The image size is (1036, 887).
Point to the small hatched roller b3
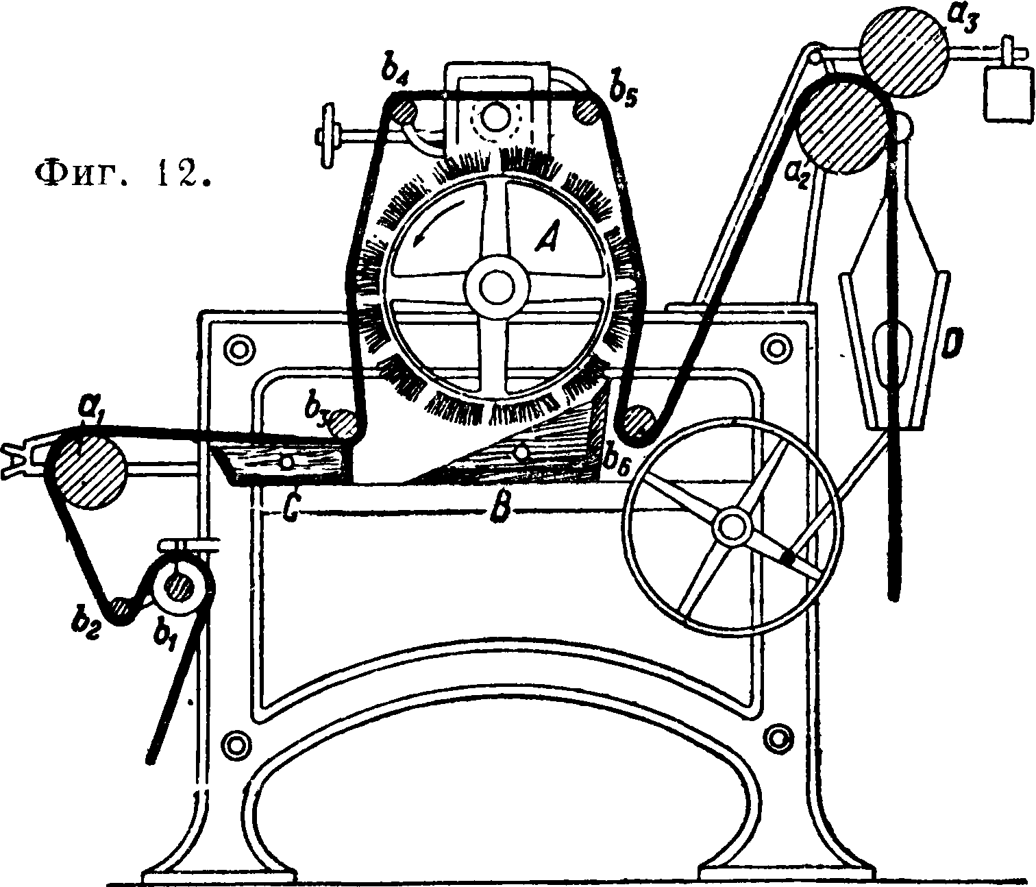[x=342, y=425]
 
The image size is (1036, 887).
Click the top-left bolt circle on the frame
[x=239, y=347]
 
